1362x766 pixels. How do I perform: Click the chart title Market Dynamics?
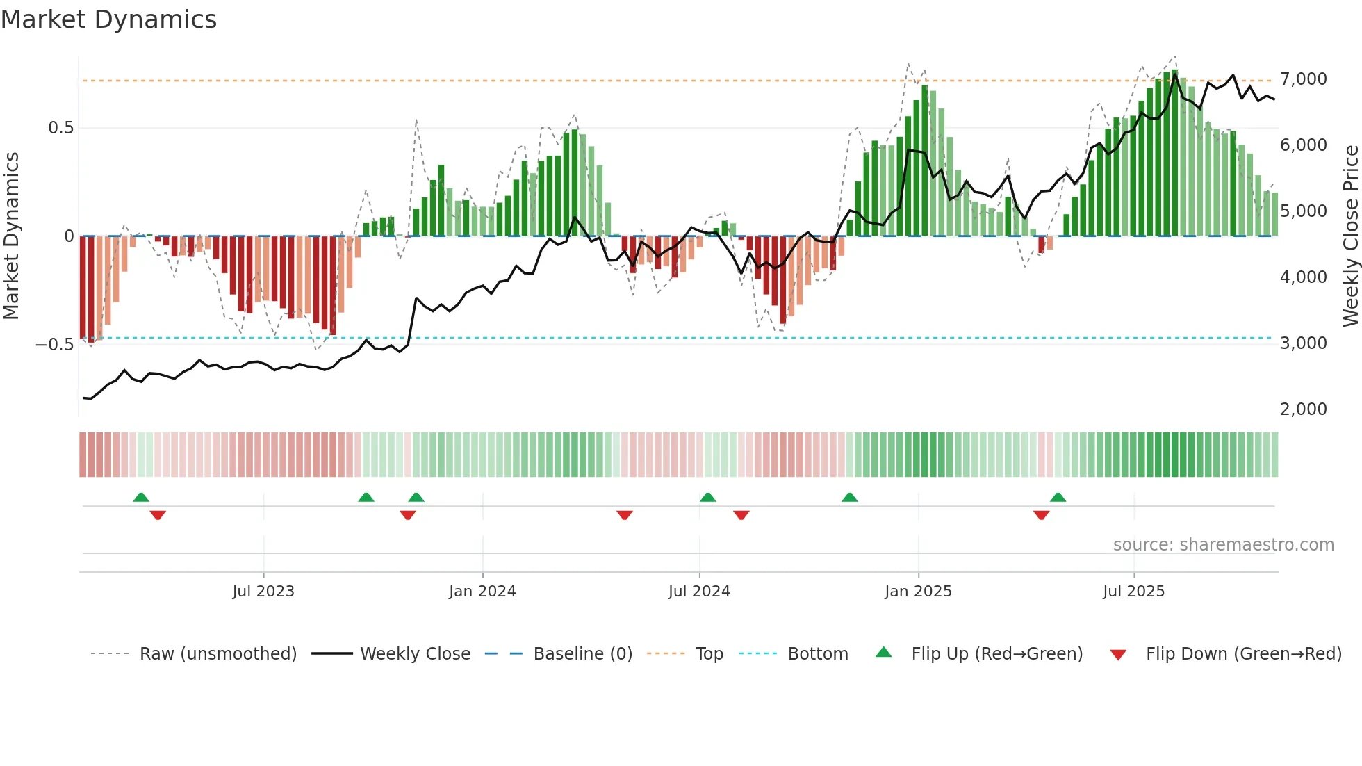coord(108,19)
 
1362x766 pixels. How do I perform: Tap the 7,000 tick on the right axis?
coord(1303,79)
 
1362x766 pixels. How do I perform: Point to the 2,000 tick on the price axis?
coord(1303,409)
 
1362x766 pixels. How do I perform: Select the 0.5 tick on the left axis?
coord(60,128)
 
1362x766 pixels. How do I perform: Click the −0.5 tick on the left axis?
coord(54,345)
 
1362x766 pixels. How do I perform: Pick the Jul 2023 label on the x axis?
coord(263,592)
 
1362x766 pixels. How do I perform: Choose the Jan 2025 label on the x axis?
coord(918,592)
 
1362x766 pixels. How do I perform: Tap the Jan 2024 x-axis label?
coord(482,592)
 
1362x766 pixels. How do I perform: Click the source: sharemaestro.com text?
coord(1223,545)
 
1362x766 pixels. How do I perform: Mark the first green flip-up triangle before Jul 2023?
coord(141,497)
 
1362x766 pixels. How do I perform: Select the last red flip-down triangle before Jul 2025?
coord(1041,515)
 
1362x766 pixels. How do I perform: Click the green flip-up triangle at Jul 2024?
coord(707,497)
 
